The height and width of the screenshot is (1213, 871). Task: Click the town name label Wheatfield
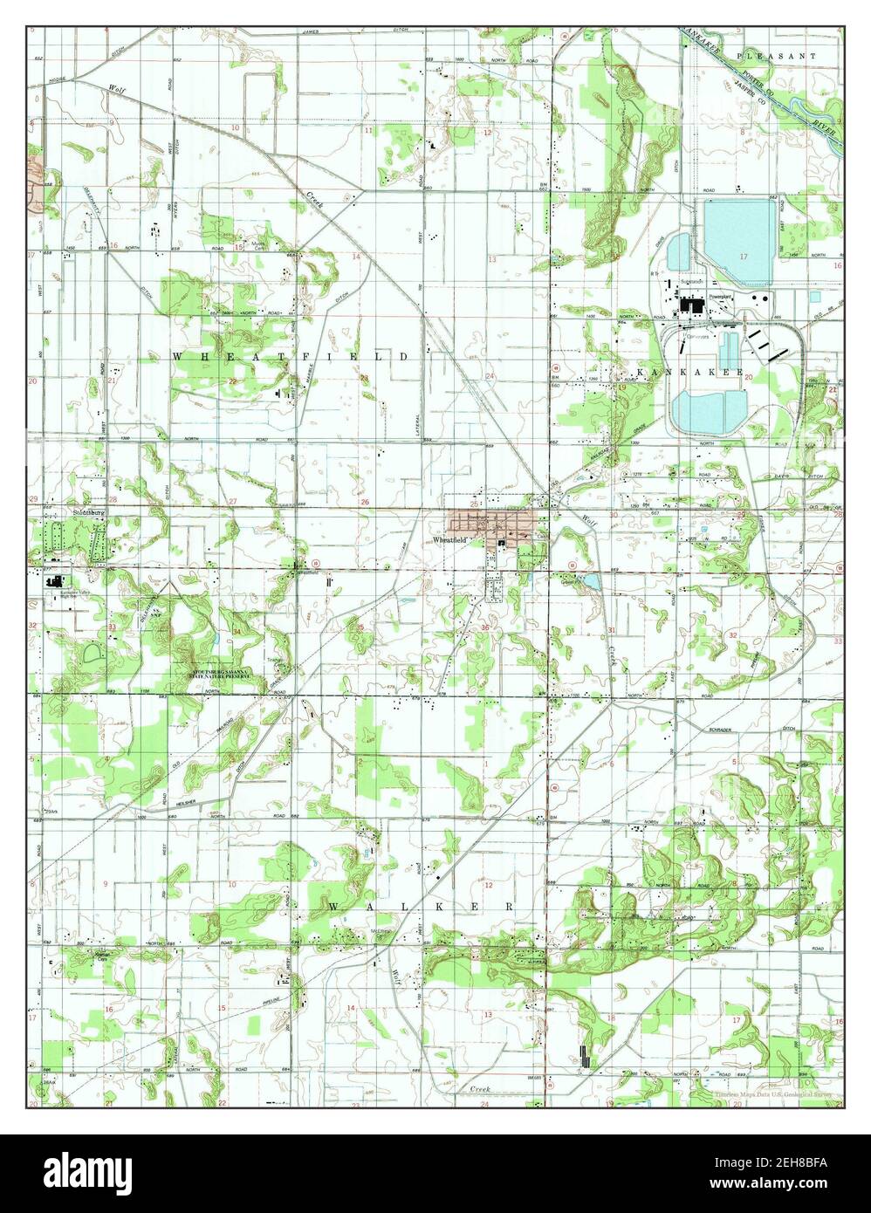click(451, 541)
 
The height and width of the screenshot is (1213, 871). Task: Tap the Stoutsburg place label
click(88, 513)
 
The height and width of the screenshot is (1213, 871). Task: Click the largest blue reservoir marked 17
click(738, 241)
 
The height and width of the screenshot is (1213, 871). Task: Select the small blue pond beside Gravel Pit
click(590, 580)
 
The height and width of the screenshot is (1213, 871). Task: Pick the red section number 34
click(237, 631)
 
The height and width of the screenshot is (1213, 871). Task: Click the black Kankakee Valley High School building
click(55, 582)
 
